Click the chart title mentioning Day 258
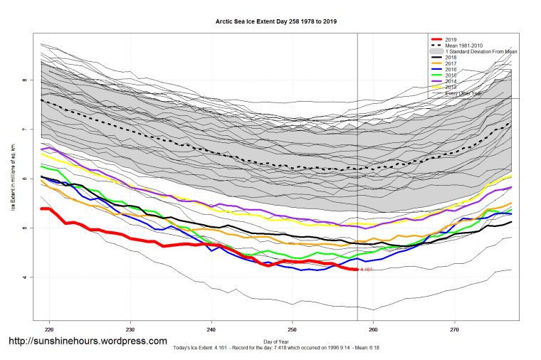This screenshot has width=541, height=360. (x=276, y=21)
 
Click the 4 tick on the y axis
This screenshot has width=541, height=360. (x=24, y=277)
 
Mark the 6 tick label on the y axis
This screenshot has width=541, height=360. (x=24, y=179)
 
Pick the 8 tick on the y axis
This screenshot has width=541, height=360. (x=24, y=80)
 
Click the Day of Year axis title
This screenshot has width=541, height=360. (x=276, y=342)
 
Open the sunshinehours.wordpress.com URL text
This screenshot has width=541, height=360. (x=88, y=342)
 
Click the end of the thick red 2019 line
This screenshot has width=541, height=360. (x=357, y=270)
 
